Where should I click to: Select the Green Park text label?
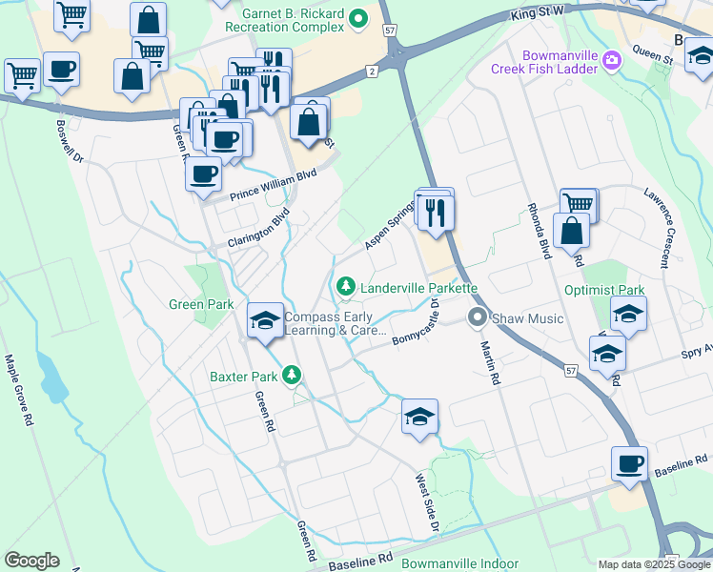[x=201, y=305]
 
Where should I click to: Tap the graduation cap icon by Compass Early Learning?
[x=265, y=320]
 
